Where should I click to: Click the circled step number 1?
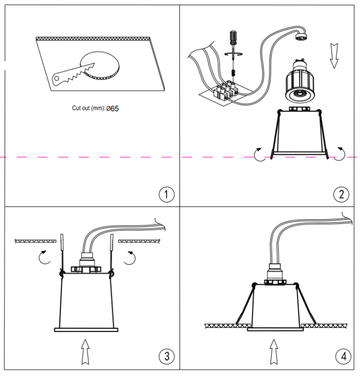167,194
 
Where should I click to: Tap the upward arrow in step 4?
273,352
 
